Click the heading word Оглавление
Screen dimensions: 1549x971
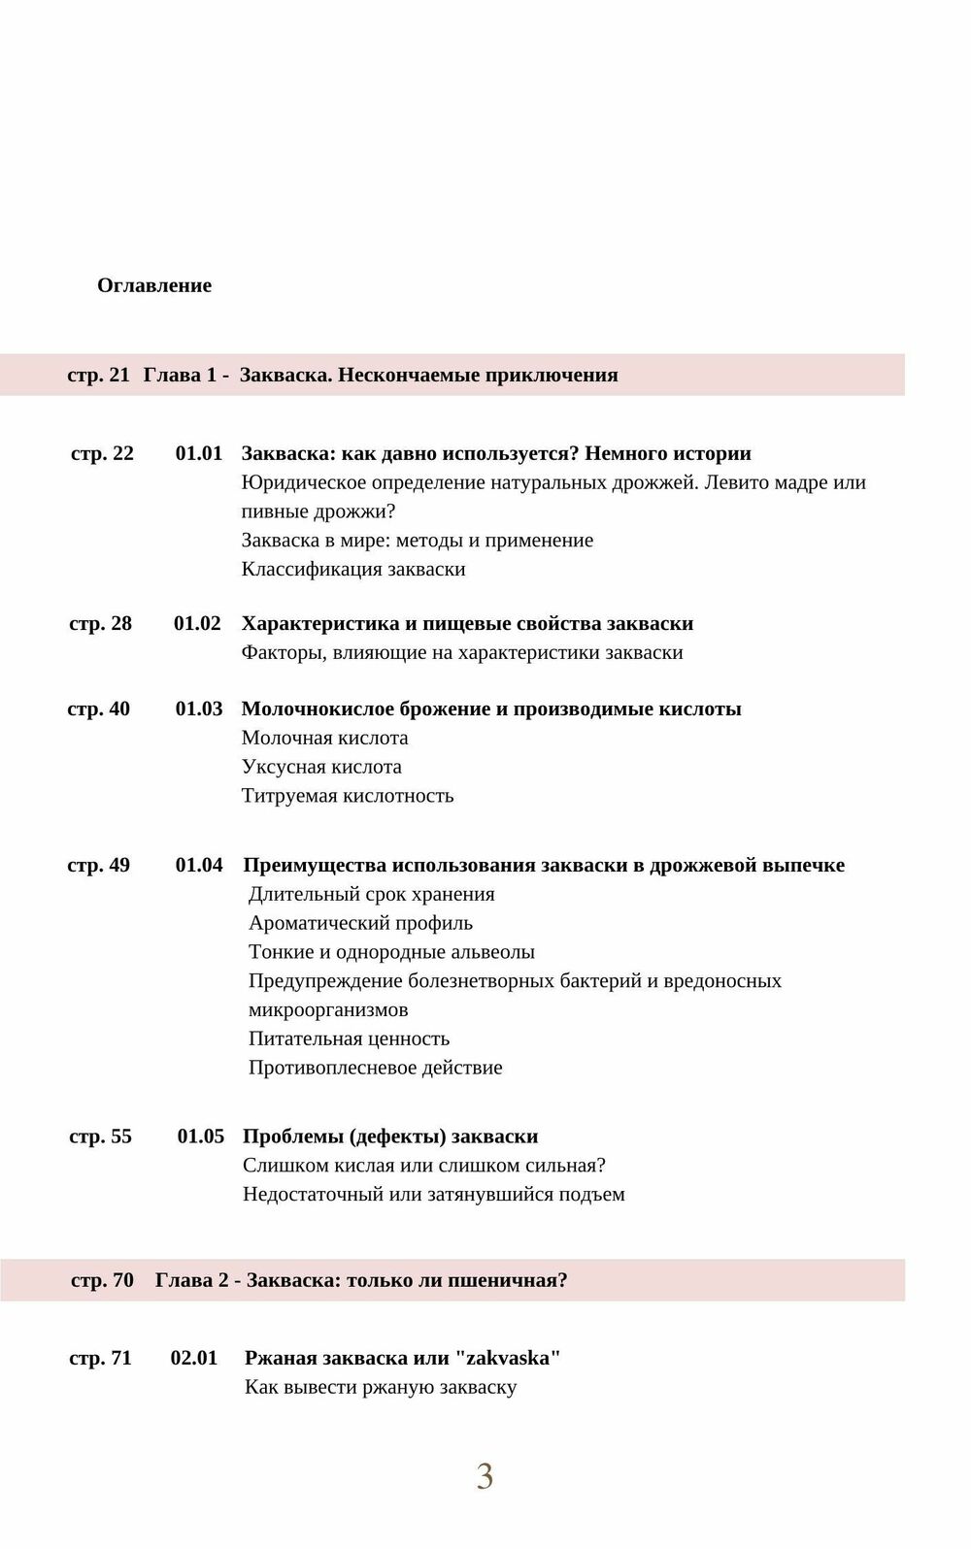[x=154, y=285]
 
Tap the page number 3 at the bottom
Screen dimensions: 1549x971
[x=485, y=1476]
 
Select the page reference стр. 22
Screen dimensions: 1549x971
[x=102, y=453]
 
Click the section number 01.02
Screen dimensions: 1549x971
[x=197, y=623]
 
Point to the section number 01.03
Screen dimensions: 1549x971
[x=199, y=709]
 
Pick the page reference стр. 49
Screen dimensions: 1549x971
[x=98, y=865]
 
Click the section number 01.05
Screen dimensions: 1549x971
[x=201, y=1137]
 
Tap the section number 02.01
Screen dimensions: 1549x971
[x=194, y=1358]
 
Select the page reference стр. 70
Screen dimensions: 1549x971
[x=102, y=1280]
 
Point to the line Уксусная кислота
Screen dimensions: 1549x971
[x=321, y=767]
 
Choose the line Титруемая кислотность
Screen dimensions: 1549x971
[x=348, y=796]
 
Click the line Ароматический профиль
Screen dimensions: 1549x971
[x=360, y=923]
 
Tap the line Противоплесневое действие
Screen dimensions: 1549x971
[x=375, y=1068]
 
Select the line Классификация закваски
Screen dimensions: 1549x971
[x=353, y=569]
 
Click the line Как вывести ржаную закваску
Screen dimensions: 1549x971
[x=381, y=1387]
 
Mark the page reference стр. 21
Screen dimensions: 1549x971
[x=98, y=375]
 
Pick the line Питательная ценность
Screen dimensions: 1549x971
[x=349, y=1038]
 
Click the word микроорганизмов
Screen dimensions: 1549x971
[x=328, y=1009]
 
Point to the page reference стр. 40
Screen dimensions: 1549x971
[x=98, y=709]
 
